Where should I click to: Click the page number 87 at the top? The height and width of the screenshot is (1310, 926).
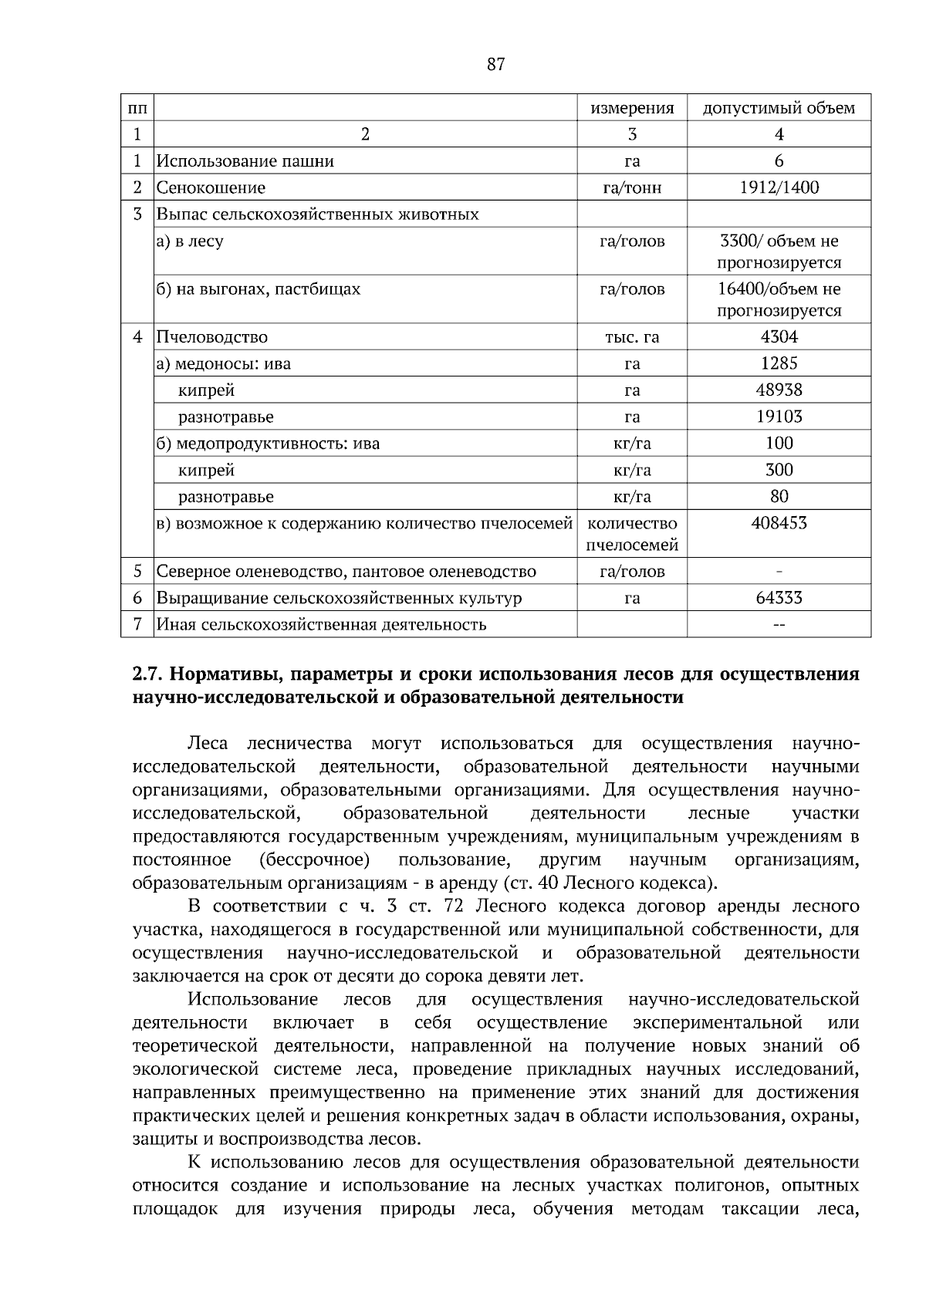[x=495, y=65]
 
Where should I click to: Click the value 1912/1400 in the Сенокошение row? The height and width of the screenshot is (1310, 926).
[x=779, y=187]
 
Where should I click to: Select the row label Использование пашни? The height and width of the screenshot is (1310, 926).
[x=245, y=161]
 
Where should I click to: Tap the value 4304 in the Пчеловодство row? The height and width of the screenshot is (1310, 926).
[x=779, y=337]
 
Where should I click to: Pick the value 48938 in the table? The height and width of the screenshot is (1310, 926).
[x=779, y=390]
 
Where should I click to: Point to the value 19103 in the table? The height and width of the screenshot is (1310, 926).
[x=779, y=417]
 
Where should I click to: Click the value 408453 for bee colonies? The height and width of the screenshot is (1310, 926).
[x=779, y=523]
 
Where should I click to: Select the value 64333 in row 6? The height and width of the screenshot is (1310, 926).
[x=779, y=598]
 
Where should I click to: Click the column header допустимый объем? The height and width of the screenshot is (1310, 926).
[x=779, y=108]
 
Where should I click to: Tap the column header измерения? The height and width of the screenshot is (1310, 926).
[x=632, y=108]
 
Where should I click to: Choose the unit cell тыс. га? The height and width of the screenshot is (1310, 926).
[x=632, y=337]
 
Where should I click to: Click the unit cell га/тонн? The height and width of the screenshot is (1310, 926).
[x=632, y=187]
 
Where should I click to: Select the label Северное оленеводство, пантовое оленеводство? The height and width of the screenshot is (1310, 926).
[x=346, y=572]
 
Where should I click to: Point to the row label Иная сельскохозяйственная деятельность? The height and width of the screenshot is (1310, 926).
[x=321, y=624]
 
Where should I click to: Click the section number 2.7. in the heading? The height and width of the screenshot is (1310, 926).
[x=147, y=674]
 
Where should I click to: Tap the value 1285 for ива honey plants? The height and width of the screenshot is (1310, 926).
[x=779, y=363]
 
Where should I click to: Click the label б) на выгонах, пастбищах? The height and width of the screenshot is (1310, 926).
[x=258, y=289]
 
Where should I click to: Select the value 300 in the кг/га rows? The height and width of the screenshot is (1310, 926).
[x=779, y=470]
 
